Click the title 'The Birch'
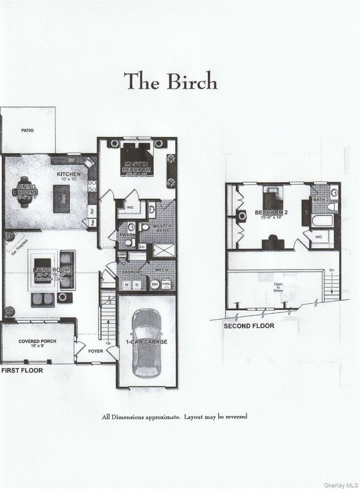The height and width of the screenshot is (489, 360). point(170,80)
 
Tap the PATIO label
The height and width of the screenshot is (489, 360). point(27,130)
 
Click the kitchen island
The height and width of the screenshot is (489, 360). point(61,199)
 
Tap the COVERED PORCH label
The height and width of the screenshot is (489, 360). point(37,341)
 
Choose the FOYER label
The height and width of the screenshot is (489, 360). point(95,350)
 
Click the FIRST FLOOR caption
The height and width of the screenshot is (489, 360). point(22,370)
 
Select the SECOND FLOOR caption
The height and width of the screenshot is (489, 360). point(249,326)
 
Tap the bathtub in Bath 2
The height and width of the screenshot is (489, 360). point(323,220)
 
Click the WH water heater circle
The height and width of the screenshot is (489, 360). point(154,283)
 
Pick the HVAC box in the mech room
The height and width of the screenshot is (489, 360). point(166,283)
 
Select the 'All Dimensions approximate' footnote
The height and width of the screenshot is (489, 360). point(175,417)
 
